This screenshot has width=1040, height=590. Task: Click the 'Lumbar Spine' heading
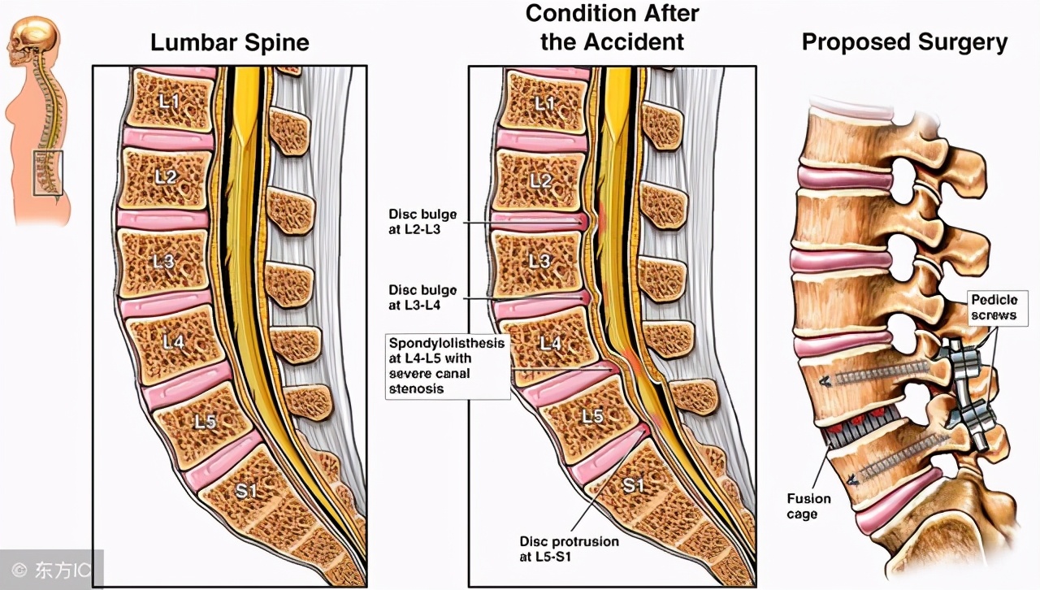[x=230, y=42]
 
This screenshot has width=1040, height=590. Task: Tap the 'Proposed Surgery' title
[x=904, y=42]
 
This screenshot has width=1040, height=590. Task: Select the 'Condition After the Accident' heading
[x=612, y=27]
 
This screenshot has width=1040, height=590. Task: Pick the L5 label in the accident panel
[x=592, y=415]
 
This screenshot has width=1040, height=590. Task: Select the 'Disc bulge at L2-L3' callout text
[x=422, y=221]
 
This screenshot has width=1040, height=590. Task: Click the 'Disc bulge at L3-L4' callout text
[x=422, y=297]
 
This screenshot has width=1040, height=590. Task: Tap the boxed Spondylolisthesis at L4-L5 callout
[x=447, y=366]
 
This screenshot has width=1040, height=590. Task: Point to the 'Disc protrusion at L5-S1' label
[x=569, y=548]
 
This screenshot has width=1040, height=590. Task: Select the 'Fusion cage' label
[x=808, y=505]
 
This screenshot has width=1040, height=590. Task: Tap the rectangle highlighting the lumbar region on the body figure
[x=47, y=172]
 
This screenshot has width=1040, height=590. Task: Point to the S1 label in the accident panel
[x=633, y=485]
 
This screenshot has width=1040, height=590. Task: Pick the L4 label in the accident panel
[x=550, y=343]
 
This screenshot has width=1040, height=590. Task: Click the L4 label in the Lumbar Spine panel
[x=173, y=342]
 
